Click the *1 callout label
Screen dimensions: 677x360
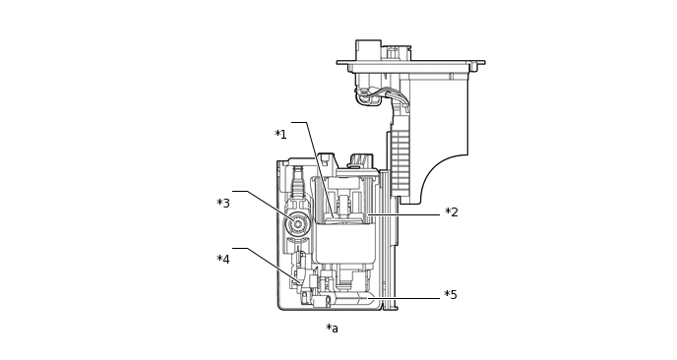coord(280,135)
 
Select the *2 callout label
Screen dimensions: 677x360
coord(452,211)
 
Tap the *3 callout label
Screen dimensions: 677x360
coord(223,203)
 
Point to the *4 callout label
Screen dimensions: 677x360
coord(223,259)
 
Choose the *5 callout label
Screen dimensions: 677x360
coord(451,295)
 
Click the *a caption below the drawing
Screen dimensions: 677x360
coord(332,329)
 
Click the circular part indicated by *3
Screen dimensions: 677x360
coord(297,224)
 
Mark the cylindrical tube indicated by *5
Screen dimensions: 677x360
coord(349,298)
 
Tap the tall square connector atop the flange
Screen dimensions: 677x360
coord(368,50)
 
